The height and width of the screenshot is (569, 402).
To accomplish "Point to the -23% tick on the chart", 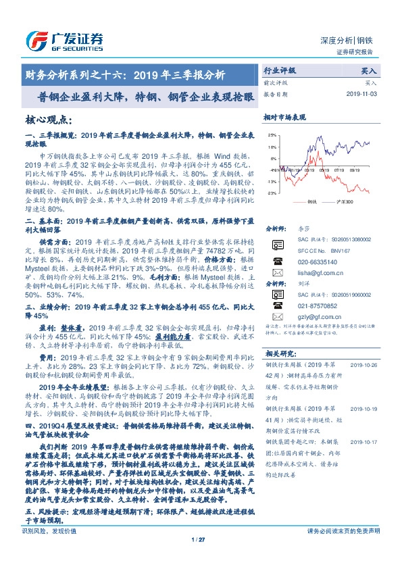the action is [270, 193].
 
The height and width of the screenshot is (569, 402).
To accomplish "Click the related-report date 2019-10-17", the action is [365, 442].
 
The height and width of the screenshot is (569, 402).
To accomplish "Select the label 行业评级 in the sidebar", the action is [280, 70].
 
